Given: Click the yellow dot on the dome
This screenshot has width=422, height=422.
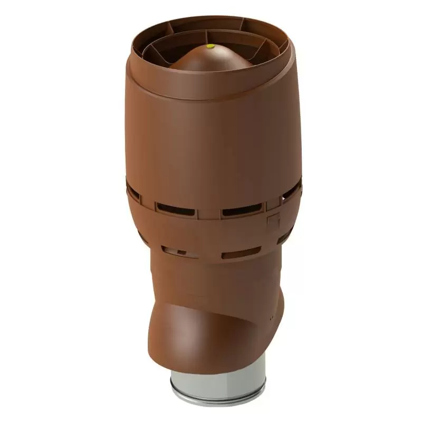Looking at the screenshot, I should (x=211, y=46).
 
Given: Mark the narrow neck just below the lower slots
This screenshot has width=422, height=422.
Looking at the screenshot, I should (x=216, y=274).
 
